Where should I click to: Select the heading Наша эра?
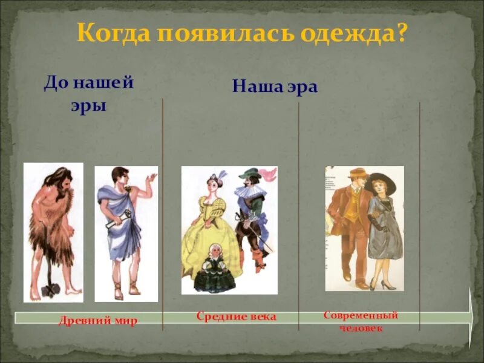275,87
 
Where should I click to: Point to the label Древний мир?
98,321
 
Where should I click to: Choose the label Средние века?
236,316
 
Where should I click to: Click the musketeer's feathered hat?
250,174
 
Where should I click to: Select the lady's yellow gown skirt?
206,248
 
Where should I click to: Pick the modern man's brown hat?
357,173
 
